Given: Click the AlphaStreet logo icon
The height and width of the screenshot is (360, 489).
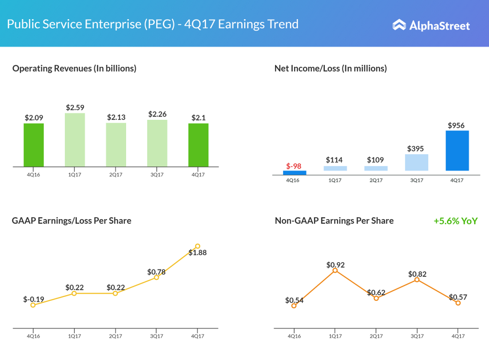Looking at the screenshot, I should pyautogui.click(x=399, y=25).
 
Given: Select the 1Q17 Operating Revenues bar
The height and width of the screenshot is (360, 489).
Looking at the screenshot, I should pyautogui.click(x=75, y=140).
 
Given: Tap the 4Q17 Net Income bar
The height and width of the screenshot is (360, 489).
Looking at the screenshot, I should pyautogui.click(x=457, y=150).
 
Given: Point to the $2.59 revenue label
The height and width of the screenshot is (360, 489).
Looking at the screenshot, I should pyautogui.click(x=75, y=107).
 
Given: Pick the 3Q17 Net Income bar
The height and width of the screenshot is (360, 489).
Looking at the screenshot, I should pyautogui.click(x=416, y=162).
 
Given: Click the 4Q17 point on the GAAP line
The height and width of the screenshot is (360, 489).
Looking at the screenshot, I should pyautogui.click(x=198, y=246).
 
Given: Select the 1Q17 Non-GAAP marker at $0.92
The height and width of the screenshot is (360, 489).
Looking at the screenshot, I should pyautogui.click(x=335, y=270).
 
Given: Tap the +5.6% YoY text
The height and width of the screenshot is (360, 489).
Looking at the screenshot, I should pyautogui.click(x=456, y=221).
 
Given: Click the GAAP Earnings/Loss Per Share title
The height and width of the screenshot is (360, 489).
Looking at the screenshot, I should pyautogui.click(x=72, y=221).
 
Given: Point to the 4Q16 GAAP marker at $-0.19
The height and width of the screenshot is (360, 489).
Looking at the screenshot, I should pyautogui.click(x=33, y=305).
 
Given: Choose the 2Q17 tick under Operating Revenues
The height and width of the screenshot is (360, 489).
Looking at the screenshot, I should pyautogui.click(x=116, y=175).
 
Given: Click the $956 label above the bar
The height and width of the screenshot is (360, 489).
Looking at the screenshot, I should pyautogui.click(x=457, y=126).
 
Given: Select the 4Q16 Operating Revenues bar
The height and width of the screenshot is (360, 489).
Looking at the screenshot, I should pyautogui.click(x=34, y=145).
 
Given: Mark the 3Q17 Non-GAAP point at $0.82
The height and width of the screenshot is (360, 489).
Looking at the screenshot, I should pyautogui.click(x=417, y=280).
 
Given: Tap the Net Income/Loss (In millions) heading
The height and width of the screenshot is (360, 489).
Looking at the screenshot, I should pyautogui.click(x=330, y=68).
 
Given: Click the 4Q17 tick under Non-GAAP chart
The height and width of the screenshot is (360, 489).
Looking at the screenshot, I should pyautogui.click(x=458, y=336).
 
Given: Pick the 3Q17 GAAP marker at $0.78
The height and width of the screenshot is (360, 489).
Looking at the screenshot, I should pyautogui.click(x=156, y=277).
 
